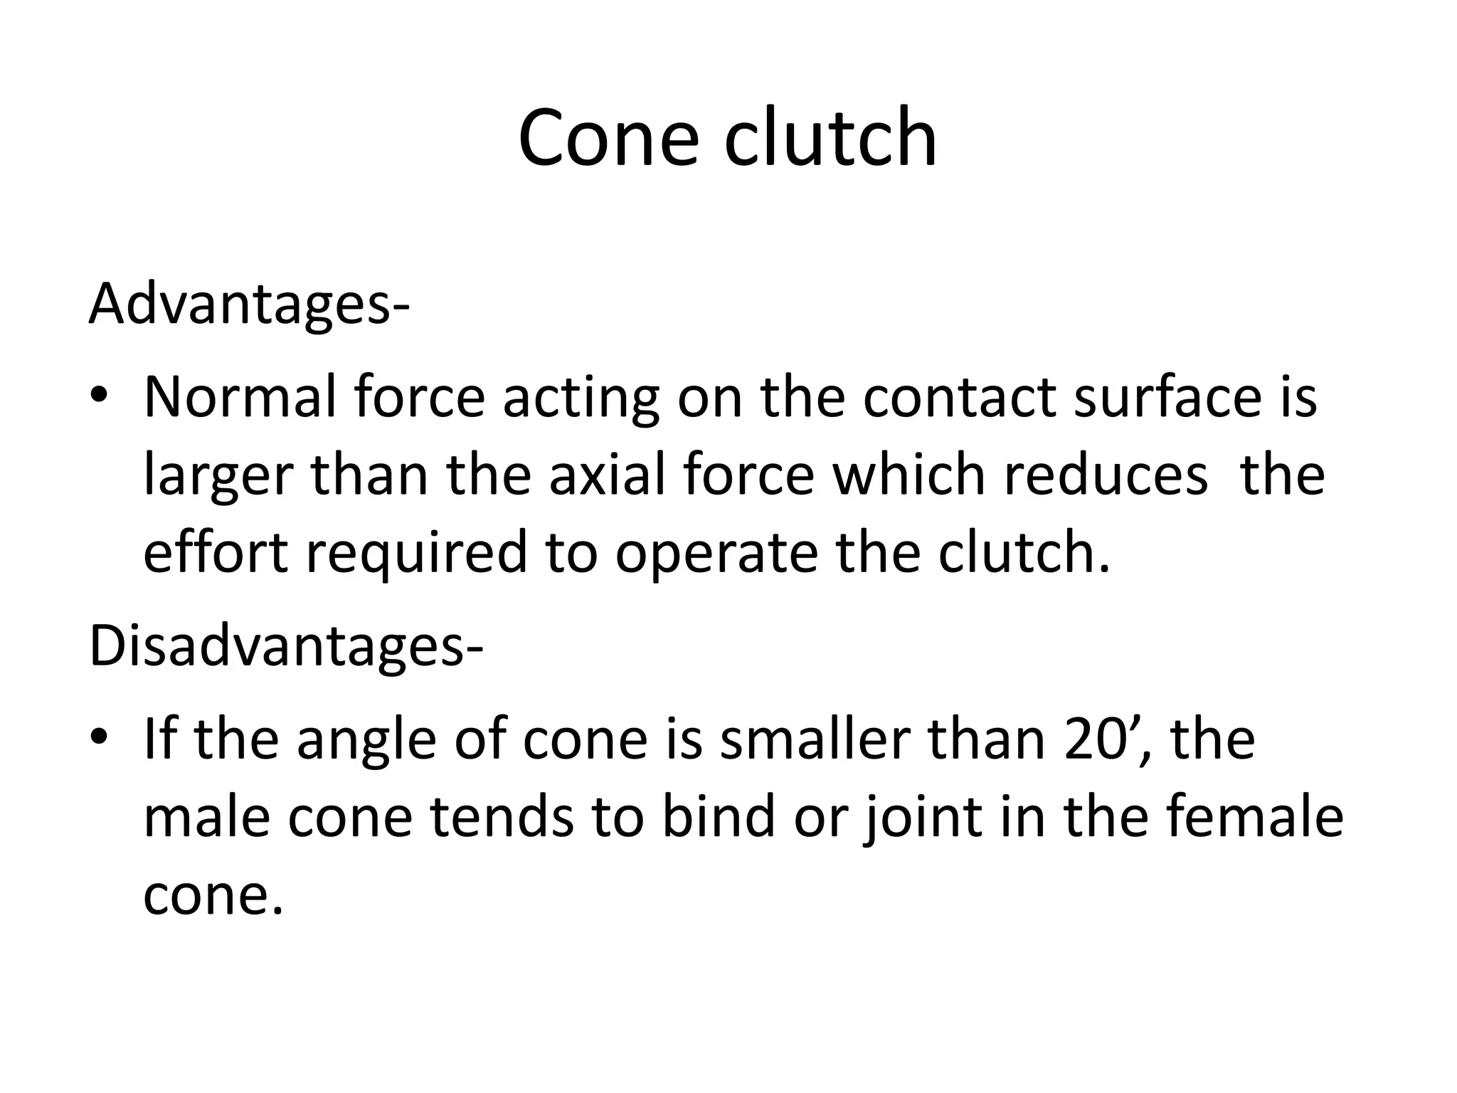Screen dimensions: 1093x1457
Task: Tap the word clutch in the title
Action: click(830, 138)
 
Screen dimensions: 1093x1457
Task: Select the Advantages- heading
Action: click(249, 304)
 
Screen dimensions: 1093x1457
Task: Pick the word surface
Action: click(1167, 397)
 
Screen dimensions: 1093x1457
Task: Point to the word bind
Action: click(718, 817)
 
